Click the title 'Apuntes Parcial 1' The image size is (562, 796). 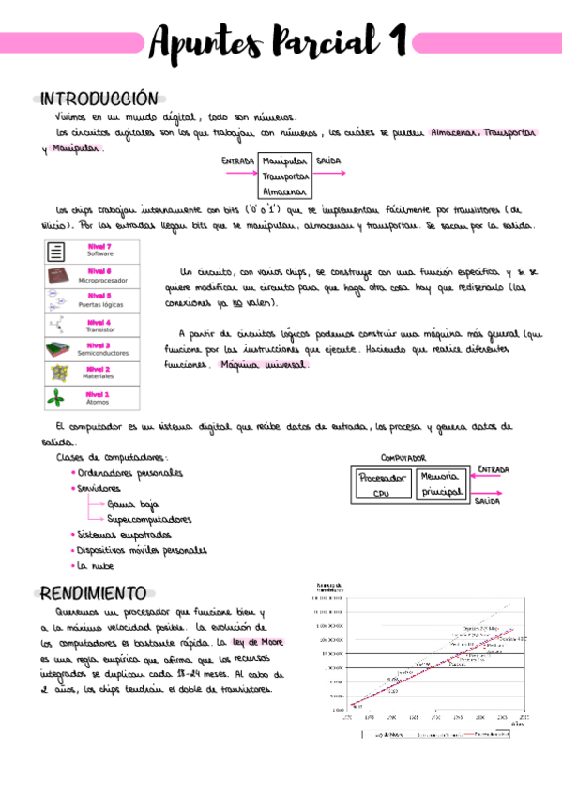coord(279,42)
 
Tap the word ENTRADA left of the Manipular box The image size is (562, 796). coord(238,161)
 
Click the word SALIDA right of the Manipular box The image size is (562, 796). coord(328,161)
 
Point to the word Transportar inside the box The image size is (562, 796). coord(287,176)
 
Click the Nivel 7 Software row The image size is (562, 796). coord(92,251)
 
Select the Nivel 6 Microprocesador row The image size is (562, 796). coord(92,275)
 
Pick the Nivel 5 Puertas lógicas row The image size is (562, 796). coord(92,299)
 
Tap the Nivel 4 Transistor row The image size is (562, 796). coord(92,325)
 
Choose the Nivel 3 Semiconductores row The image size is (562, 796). coord(92,349)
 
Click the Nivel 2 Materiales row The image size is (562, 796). coord(92,373)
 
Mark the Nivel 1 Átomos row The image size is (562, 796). coord(92,398)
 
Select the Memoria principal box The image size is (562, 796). coord(440,483)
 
